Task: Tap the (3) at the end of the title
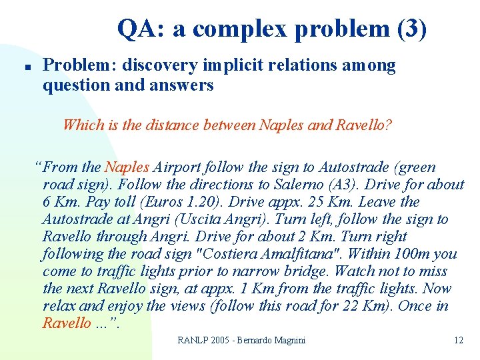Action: (x=408, y=29)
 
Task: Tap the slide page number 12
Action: (x=458, y=341)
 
